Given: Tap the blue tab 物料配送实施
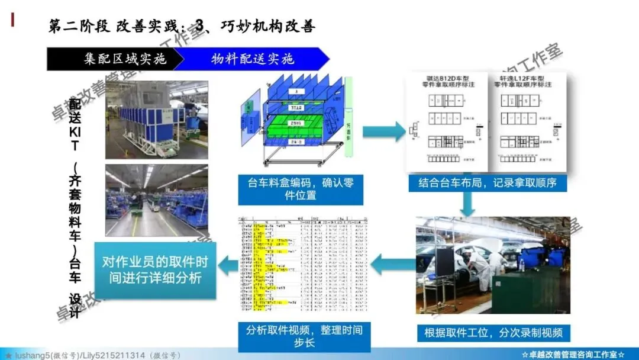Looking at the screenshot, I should click(x=251, y=59).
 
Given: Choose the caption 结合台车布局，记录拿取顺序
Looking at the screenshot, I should click(x=488, y=183).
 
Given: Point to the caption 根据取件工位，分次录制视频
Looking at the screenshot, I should click(x=493, y=332).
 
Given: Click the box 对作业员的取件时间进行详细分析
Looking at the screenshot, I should click(x=155, y=269).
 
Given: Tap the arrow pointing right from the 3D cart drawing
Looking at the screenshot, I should click(x=382, y=131).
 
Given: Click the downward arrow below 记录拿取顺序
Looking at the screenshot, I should click(x=468, y=203).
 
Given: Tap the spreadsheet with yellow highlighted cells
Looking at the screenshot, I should click(x=302, y=266).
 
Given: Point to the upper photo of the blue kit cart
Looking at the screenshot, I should click(x=157, y=120).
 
